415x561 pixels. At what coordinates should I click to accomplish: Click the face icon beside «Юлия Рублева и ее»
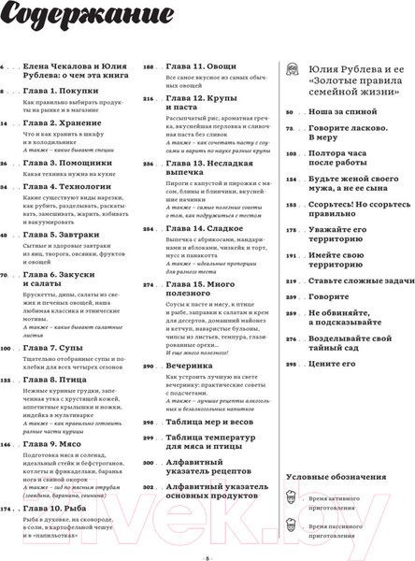click(x=293, y=70)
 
